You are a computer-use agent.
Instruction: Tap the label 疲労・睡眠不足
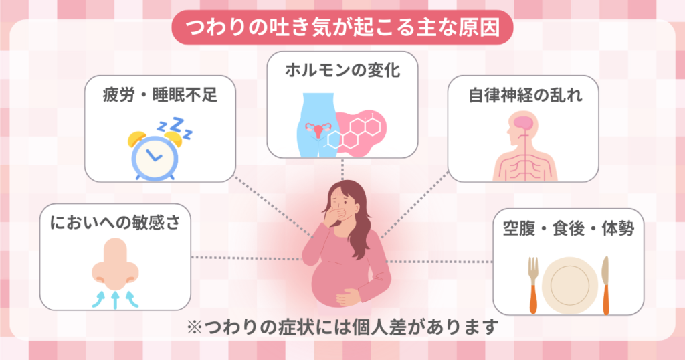160,95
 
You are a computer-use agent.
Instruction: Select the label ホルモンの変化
342,70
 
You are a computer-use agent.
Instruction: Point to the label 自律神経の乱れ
524,95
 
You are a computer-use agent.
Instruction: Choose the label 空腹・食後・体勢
569,229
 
